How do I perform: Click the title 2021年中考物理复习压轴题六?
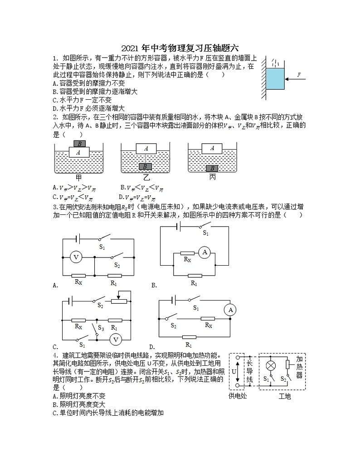pyautogui.click(x=180, y=48)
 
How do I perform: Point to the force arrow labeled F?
pyautogui.click(x=295, y=79)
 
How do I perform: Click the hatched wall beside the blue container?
pyautogui.click(x=263, y=79)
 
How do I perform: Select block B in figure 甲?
pyautogui.click(x=79, y=144)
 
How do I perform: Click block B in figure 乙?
pyautogui.click(x=146, y=167)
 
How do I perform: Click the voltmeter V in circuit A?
pyautogui.click(x=76, y=257)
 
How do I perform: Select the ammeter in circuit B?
pyautogui.click(x=204, y=252)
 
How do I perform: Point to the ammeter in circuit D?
pyautogui.click(x=230, y=310)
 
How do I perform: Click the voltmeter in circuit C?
pyautogui.click(x=115, y=339)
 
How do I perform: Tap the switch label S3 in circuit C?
pyautogui.click(x=101, y=328)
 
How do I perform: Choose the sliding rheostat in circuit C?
pyautogui.click(x=118, y=301)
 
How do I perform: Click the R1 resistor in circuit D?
pyautogui.click(x=189, y=337)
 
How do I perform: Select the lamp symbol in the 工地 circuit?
pyautogui.click(x=271, y=365)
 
